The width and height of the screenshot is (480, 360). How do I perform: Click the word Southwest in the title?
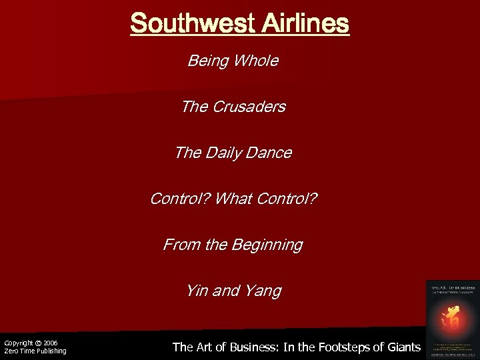click(191, 24)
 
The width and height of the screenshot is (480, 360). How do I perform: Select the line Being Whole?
click(233, 61)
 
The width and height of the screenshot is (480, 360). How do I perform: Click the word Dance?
click(269, 153)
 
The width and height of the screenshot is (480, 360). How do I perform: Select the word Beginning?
click(267, 245)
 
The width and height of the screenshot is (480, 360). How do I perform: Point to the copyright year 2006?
click(51, 343)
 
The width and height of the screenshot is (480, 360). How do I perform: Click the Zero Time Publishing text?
click(35, 351)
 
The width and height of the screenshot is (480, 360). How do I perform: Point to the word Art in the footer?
click(203, 347)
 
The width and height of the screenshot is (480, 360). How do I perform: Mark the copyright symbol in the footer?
click(39, 343)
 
